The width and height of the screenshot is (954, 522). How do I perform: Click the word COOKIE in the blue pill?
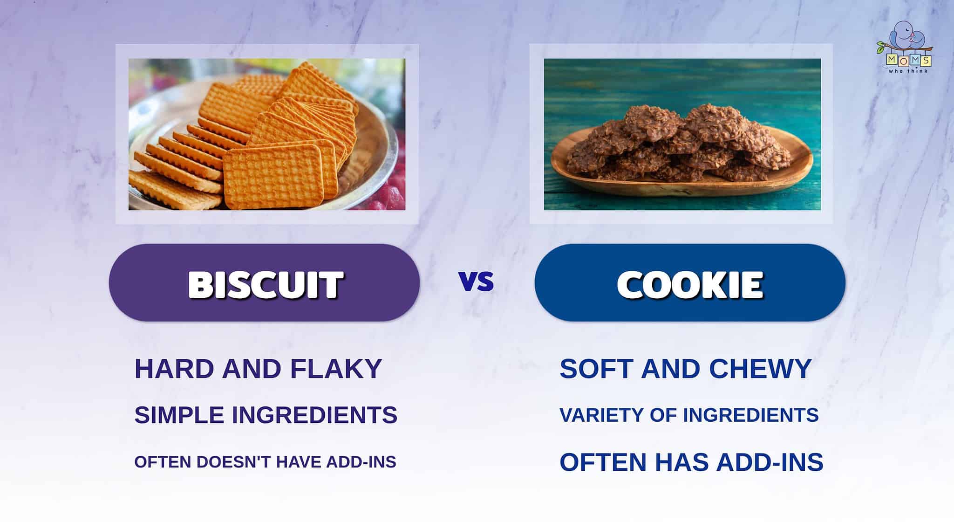(690, 284)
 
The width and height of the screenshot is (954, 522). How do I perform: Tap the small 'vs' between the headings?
(476, 282)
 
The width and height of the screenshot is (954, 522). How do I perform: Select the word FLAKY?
(336, 369)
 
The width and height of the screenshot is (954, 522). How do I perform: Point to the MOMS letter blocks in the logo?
(908, 60)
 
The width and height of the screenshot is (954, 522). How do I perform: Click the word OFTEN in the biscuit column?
(163, 462)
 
